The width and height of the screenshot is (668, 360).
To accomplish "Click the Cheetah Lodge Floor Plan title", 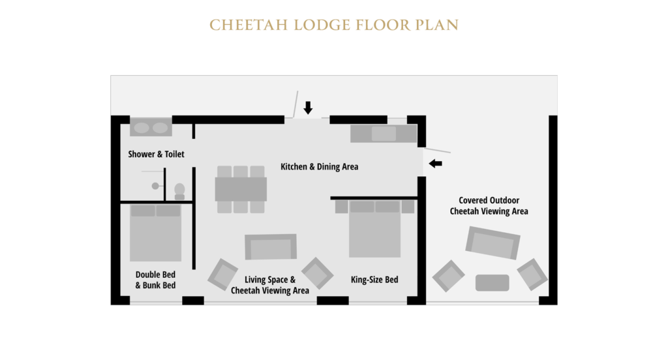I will click(x=333, y=25).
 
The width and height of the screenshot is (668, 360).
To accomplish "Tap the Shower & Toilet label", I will click(x=156, y=155).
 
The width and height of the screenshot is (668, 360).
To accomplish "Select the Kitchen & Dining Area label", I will click(x=319, y=167).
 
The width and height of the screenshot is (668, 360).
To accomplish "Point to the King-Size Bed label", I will click(x=374, y=280).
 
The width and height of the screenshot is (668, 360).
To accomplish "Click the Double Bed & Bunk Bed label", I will click(x=155, y=280).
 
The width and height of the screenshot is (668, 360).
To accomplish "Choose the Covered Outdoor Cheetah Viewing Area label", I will click(x=489, y=206).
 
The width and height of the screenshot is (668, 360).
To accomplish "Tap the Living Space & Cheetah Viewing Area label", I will click(x=270, y=285).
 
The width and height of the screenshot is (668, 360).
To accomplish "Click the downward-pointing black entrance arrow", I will click(x=308, y=108).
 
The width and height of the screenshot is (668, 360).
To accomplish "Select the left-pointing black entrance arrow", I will click(x=435, y=163).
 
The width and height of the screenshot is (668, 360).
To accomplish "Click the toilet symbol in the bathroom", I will click(x=179, y=191).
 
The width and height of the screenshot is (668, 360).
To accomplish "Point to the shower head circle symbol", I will click(x=155, y=186).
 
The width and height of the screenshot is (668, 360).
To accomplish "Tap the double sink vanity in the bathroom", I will click(x=151, y=127).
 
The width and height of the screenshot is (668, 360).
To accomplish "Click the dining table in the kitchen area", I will click(x=241, y=189).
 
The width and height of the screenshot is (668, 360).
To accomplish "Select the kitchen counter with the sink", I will click(x=383, y=134).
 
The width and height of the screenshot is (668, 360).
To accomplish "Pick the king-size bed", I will click(x=374, y=230).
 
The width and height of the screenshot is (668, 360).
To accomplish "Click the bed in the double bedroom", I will click(x=155, y=232).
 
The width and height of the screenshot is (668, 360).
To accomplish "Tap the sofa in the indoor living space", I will click(x=270, y=247).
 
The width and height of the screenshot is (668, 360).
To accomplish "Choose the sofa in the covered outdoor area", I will click(x=493, y=244).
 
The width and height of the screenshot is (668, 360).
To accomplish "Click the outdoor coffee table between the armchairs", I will click(x=492, y=282).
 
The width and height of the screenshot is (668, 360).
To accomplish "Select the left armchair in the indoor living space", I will click(x=223, y=275).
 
